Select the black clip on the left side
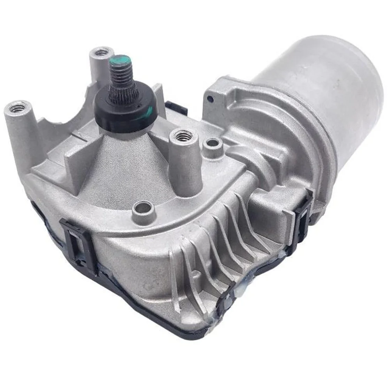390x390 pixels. point(76,241)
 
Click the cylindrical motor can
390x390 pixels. point(324,78)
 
